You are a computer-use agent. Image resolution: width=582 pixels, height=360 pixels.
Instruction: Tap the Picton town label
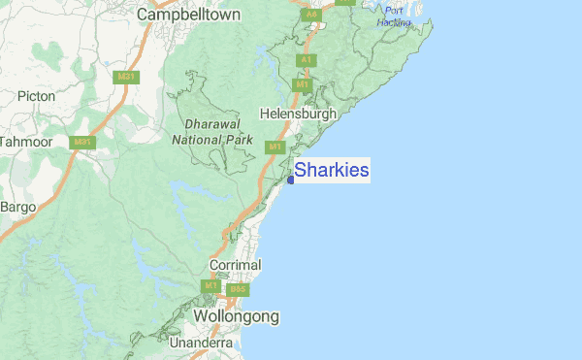37,96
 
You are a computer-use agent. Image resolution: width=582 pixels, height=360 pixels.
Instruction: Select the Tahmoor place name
24,142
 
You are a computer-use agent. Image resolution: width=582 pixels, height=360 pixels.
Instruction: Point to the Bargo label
17,207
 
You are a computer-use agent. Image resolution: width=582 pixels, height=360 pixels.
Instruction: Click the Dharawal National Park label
211,132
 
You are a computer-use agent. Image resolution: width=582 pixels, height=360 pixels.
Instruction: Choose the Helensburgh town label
299,114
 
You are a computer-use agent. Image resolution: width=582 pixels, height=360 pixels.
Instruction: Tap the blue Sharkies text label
332,171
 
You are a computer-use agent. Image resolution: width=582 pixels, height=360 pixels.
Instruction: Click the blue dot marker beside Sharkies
291,180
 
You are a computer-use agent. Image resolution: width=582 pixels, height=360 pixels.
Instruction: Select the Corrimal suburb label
236,264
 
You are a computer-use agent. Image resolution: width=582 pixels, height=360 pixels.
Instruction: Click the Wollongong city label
236,316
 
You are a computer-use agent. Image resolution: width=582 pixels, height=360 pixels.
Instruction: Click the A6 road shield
311,15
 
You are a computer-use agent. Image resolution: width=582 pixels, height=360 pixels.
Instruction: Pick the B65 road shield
238,289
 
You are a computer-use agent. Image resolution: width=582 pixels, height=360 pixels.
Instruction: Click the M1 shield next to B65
211,286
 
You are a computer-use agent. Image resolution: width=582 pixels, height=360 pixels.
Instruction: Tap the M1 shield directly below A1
303,85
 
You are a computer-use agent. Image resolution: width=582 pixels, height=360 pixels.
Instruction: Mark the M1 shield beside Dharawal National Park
275,147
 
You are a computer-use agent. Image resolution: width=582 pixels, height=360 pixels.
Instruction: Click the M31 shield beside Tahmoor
84,142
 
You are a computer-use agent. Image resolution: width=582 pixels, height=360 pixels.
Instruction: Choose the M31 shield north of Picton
124,75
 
